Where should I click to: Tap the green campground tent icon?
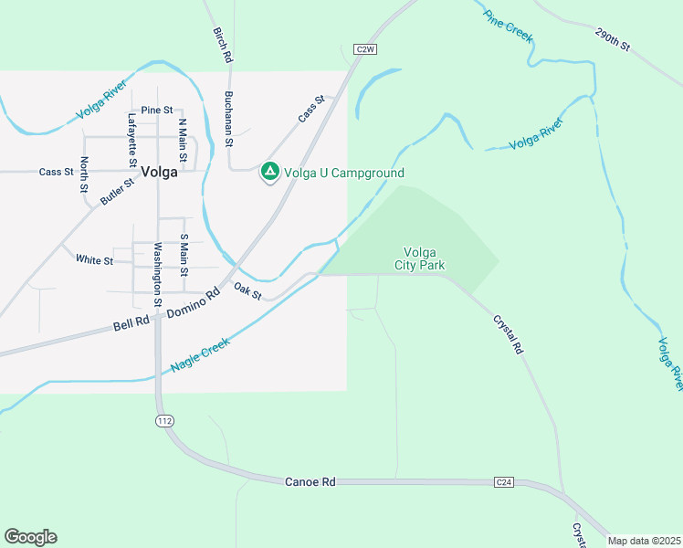(269, 172)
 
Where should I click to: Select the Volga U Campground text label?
(344, 173)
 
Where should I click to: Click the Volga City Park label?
(420, 258)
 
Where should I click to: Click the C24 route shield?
(504, 481)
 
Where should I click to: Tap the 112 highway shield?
(163, 422)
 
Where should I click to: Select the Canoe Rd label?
(311, 481)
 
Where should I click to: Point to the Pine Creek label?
(508, 26)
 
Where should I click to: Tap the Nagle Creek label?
(200, 354)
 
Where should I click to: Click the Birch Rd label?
(223, 45)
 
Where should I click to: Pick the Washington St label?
(157, 274)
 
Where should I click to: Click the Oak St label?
(247, 291)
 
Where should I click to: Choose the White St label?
(94, 260)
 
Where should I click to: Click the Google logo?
(30, 537)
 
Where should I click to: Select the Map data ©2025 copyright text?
(643, 541)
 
